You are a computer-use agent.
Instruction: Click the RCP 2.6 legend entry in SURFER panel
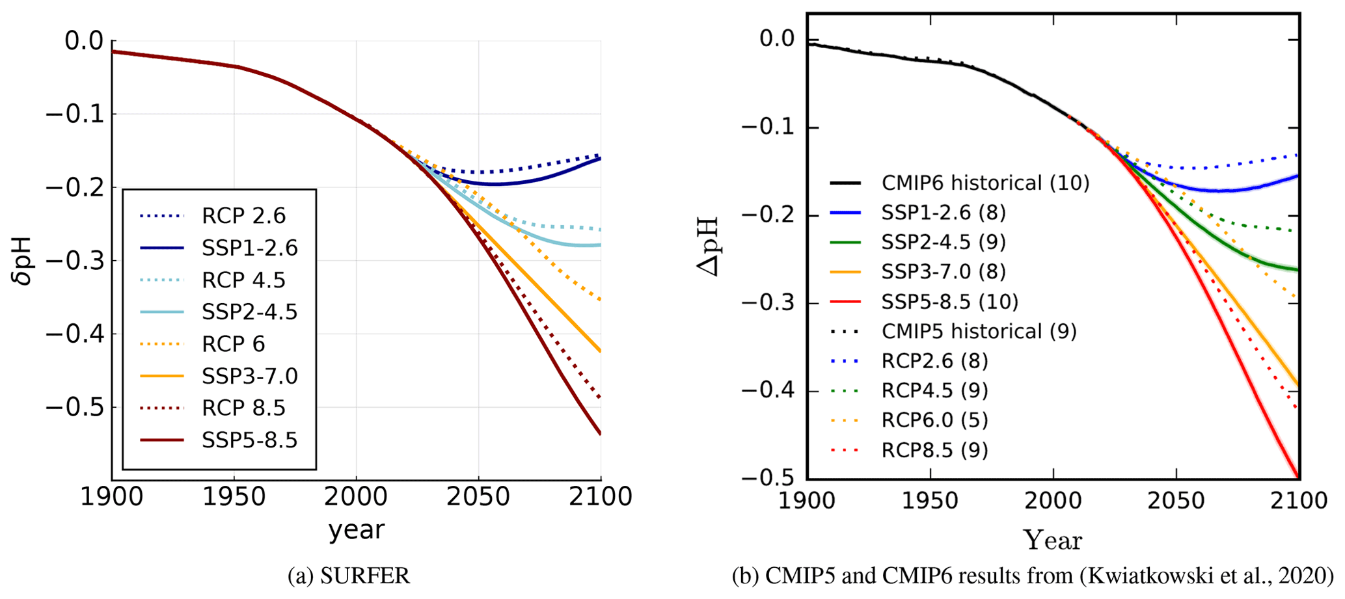coord(243,216)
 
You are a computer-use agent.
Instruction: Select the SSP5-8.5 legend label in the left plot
coord(249,440)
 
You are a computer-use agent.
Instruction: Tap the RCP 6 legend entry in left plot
coord(233,344)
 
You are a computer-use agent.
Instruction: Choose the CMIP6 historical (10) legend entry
coord(985,183)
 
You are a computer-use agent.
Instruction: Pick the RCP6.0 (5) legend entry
coord(934,420)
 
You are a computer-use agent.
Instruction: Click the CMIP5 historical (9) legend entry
coord(979,332)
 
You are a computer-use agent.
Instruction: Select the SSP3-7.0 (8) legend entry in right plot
coord(944,272)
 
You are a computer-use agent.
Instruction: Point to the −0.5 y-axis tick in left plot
coord(74,408)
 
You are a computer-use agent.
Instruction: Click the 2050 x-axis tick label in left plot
coord(478,498)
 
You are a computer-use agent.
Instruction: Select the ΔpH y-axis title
coord(709,247)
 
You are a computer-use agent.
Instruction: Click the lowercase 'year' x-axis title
coord(356,530)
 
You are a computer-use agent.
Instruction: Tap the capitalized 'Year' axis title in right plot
coord(1052,540)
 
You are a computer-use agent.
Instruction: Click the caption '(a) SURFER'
coord(349,576)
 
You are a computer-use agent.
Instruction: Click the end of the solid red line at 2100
coord(1298,476)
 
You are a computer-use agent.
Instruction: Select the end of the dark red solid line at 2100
coord(600,433)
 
